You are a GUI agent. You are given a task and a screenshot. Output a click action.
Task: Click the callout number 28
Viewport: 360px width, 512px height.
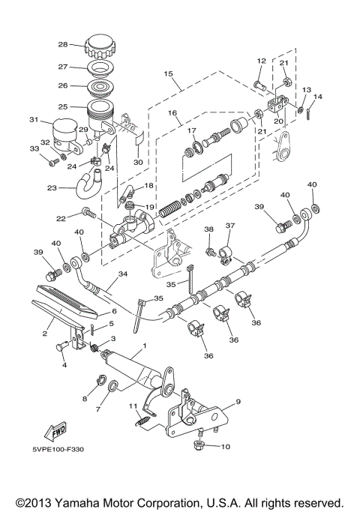[64, 44]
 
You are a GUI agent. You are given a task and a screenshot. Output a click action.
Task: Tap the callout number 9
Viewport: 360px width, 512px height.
[238, 402]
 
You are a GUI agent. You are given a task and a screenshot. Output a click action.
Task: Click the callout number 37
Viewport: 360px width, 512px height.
[230, 225]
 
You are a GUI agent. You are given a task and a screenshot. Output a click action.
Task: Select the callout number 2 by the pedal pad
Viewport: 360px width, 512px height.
[46, 333]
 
